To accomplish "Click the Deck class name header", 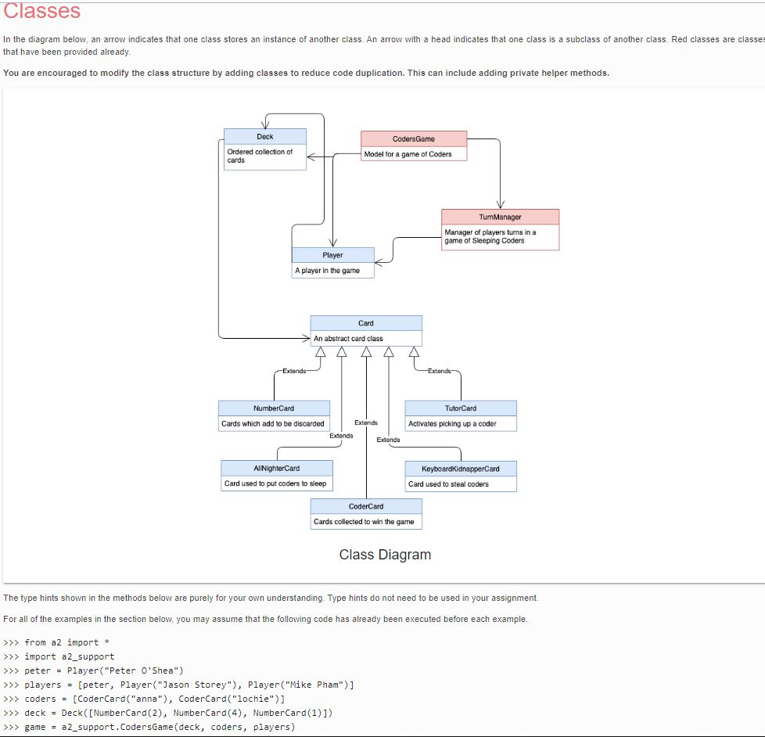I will point(264,137).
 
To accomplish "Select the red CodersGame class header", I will point(414,138).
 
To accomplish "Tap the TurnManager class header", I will point(500,217).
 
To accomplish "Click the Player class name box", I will point(332,255).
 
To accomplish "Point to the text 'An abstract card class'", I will point(349,339).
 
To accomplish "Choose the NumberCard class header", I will point(274,408).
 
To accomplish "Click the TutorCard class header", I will point(461,408).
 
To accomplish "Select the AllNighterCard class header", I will point(277,468).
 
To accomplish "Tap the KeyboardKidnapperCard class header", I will point(461,469).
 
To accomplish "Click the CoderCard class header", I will point(366,506).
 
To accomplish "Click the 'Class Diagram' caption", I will point(385,555).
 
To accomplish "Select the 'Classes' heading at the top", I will point(41,11).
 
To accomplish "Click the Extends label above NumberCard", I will point(295,371).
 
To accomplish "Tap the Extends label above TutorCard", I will point(439,371).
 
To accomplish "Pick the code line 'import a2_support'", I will point(69,656).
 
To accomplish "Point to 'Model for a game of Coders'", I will point(408,154).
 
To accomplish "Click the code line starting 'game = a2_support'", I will point(160,727).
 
